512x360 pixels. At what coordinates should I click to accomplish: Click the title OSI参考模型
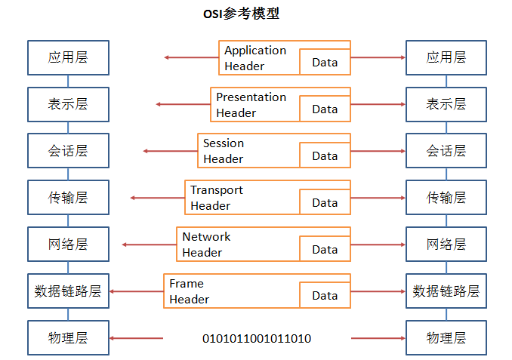(x=242, y=14)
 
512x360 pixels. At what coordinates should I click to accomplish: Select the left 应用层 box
(x=68, y=58)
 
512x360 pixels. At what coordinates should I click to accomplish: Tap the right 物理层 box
(x=446, y=338)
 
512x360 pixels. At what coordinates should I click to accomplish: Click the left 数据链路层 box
(x=68, y=291)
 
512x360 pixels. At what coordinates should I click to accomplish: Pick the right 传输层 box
(x=446, y=198)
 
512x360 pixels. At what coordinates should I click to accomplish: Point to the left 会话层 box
(x=68, y=151)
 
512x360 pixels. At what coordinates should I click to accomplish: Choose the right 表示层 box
(x=446, y=104)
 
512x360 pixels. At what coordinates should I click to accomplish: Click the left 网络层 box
(x=68, y=244)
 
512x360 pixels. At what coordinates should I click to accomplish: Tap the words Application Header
(x=255, y=58)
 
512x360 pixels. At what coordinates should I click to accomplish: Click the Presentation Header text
(x=251, y=105)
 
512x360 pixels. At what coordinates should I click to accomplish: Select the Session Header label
(x=224, y=151)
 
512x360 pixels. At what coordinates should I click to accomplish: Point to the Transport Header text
(x=217, y=198)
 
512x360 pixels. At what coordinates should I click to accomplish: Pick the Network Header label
(x=206, y=245)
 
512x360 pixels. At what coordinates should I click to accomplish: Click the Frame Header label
(x=190, y=291)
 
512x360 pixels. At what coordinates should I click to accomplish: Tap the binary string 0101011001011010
(x=257, y=339)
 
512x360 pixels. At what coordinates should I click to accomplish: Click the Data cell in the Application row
(x=325, y=62)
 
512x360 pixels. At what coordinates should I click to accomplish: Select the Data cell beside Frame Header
(x=325, y=295)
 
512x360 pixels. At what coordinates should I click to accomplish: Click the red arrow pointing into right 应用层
(x=378, y=58)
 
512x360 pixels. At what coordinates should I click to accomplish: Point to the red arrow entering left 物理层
(x=136, y=338)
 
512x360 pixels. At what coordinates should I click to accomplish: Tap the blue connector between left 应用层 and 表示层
(x=68, y=82)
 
